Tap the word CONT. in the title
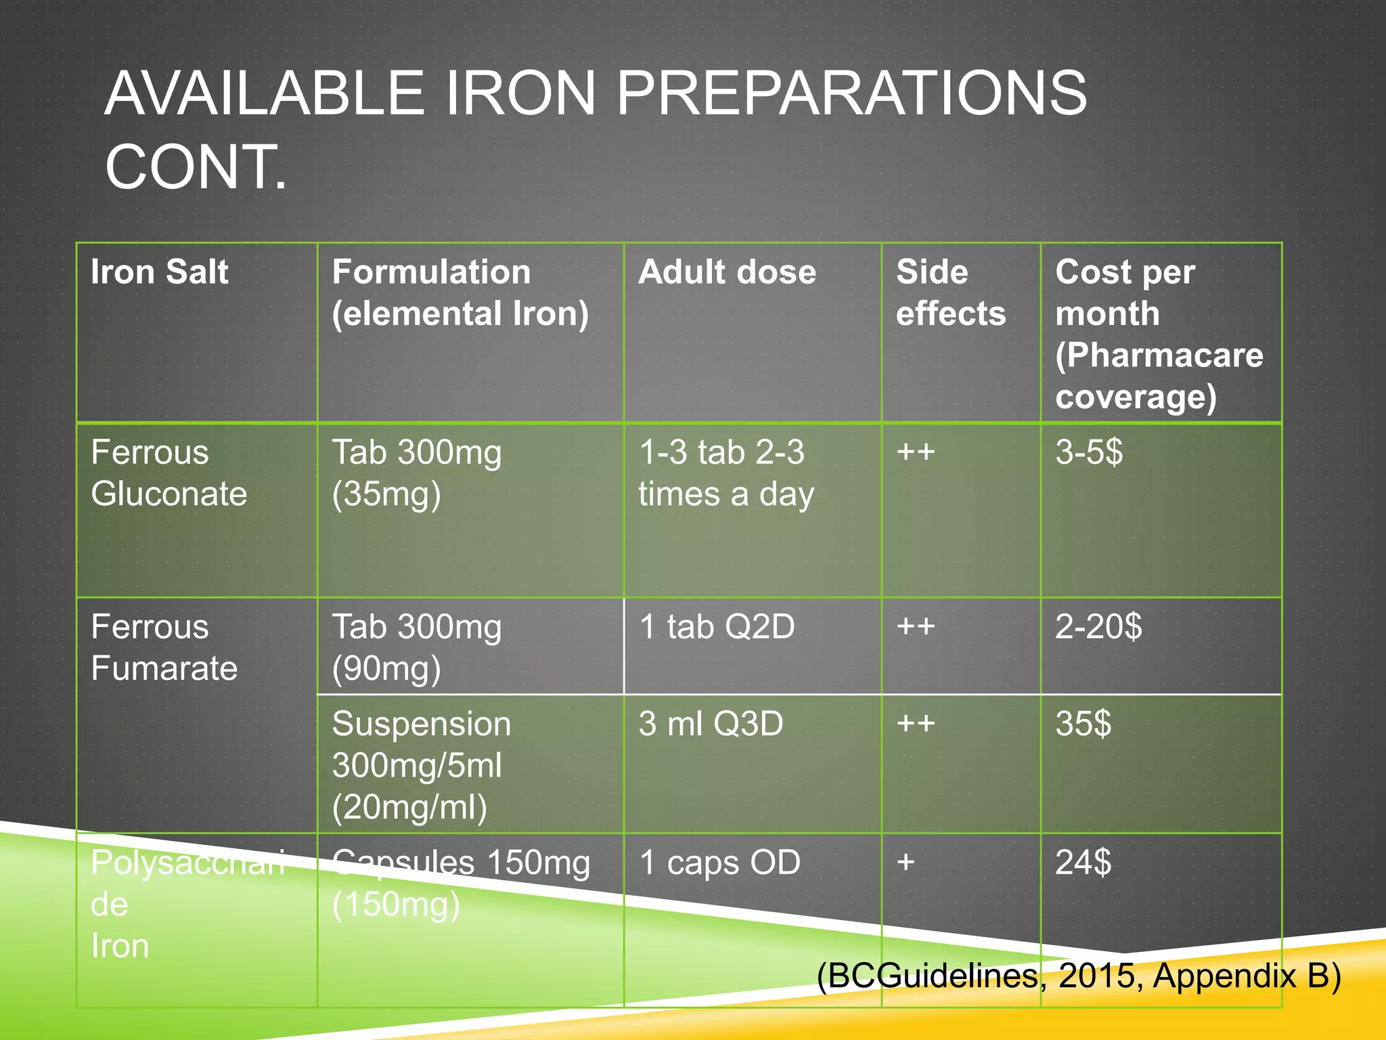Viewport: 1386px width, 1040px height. tap(196, 167)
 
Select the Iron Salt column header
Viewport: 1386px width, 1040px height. tap(160, 272)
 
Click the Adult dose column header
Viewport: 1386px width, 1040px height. tap(727, 272)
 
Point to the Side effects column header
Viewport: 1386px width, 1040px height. tap(950, 292)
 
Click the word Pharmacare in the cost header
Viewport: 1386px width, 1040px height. tap(1159, 355)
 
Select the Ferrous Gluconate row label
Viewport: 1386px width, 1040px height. tap(169, 473)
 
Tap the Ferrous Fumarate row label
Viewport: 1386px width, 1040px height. tap(164, 647)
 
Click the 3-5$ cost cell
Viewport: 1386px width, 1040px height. tap(1088, 452)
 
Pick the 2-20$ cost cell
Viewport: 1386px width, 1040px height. tap(1098, 626)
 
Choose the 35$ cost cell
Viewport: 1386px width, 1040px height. tap(1083, 724)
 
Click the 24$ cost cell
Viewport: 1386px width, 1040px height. tap(1083, 863)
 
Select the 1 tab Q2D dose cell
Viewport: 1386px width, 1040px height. tap(717, 626)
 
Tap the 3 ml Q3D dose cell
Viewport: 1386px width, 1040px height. tap(711, 724)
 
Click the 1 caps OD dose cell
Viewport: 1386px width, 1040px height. tap(719, 863)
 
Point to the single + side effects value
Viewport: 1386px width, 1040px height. tap(906, 863)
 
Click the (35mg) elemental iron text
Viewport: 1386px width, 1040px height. tap(386, 494)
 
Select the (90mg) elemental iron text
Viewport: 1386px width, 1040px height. tap(386, 669)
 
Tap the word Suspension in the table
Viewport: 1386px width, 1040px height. tap(421, 724)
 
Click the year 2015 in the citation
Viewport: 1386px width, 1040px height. tap(1096, 976)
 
